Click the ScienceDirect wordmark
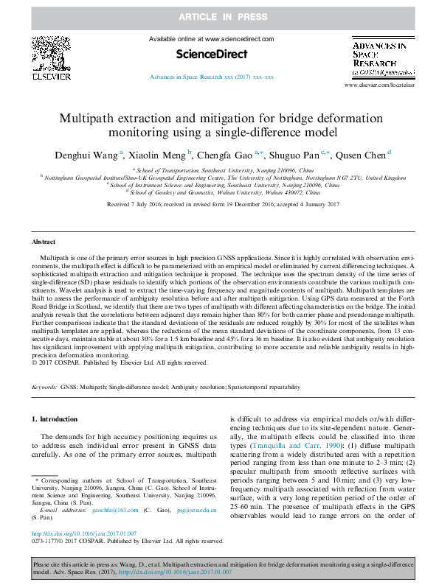(x=211, y=54)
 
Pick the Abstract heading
(x=43, y=242)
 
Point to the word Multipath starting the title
(x=88, y=118)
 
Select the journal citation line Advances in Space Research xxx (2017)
(x=212, y=77)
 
